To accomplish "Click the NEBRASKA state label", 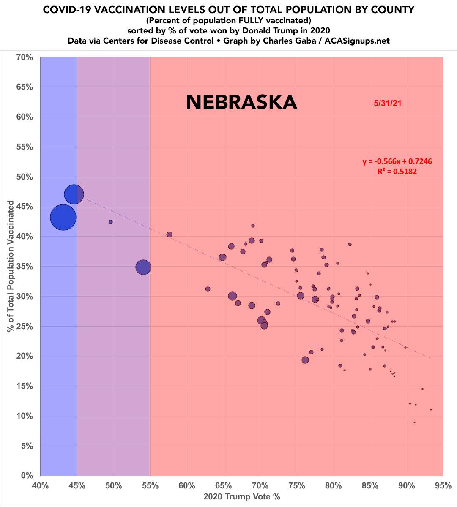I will coord(241,102).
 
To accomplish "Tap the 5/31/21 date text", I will coord(387,103).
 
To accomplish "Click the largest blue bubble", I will coord(63,217).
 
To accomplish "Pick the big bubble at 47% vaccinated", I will coord(74,194).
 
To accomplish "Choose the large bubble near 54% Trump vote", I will coord(144,267).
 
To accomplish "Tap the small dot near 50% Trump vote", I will coord(111,222).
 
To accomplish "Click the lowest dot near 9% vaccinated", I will coord(414,422).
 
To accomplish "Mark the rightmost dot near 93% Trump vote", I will coord(431,409).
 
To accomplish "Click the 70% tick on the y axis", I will coord(24,57).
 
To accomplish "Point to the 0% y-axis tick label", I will coord(26,476).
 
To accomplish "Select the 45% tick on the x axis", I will coord(77,486).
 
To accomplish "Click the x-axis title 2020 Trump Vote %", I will coord(242,497).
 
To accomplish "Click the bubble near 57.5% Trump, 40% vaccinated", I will coord(169,234).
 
